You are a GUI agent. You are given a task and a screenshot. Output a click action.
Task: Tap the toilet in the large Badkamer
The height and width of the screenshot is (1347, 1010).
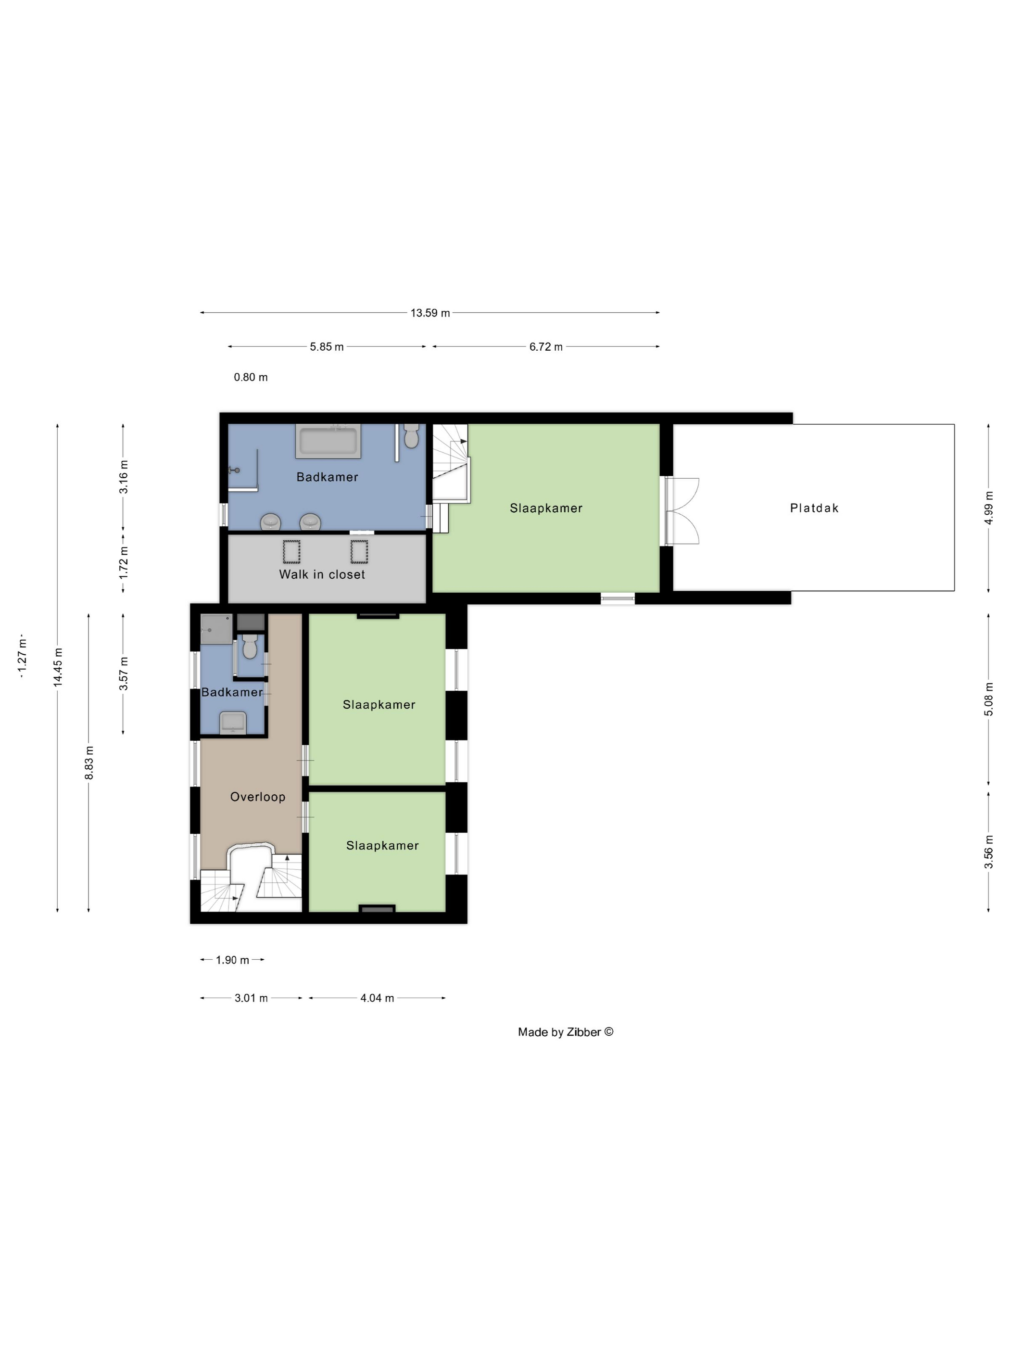coord(412,435)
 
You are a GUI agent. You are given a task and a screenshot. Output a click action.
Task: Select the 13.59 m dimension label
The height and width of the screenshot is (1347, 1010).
coord(430,313)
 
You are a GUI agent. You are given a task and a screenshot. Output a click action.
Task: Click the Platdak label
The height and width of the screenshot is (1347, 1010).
coord(814,508)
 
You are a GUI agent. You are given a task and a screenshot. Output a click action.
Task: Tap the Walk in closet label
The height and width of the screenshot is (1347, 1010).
coord(322,574)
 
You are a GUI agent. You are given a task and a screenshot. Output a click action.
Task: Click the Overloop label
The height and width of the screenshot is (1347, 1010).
coord(257,797)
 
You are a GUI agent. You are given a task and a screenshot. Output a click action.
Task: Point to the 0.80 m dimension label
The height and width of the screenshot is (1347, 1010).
coord(251,378)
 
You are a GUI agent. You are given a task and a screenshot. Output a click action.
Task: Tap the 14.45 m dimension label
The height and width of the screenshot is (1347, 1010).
coord(58,667)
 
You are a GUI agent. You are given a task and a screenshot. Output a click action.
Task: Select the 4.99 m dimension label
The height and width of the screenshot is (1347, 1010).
coord(989,508)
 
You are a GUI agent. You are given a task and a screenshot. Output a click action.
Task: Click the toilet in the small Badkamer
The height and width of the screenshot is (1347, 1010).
coord(250,648)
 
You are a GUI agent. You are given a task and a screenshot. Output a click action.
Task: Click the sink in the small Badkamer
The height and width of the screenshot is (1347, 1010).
coord(233,723)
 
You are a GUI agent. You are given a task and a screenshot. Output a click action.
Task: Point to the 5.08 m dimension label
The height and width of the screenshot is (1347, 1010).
coord(989,699)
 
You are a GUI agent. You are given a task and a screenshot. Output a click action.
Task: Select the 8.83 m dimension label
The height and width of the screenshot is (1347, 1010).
coord(89,762)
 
